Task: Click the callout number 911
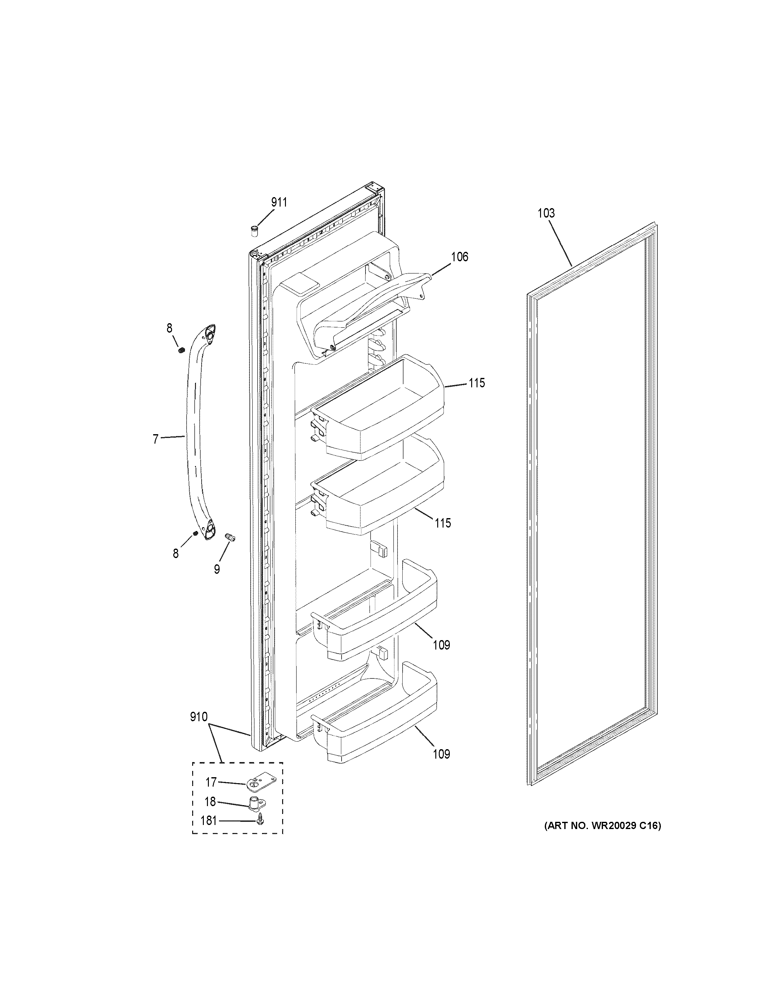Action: click(279, 202)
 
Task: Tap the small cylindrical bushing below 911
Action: click(254, 231)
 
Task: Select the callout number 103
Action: click(546, 213)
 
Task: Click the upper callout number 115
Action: click(476, 383)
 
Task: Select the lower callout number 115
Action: click(443, 523)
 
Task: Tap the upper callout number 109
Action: click(441, 645)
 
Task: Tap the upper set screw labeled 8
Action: click(181, 350)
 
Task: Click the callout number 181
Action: click(209, 821)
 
